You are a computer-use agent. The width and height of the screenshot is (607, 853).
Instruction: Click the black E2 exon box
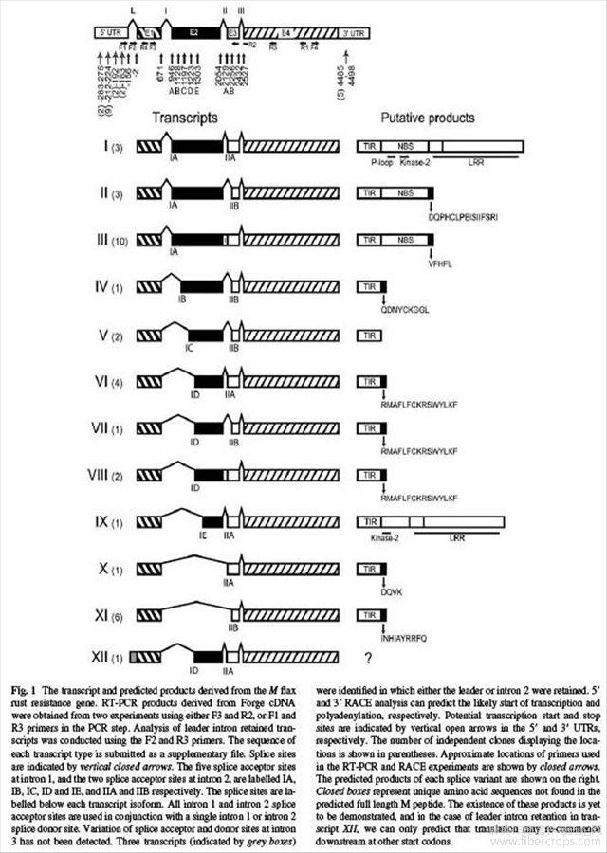pos(193,32)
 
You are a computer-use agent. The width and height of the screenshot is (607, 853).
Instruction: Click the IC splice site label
pos(190,348)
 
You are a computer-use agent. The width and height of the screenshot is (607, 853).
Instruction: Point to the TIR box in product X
pos(366,569)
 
